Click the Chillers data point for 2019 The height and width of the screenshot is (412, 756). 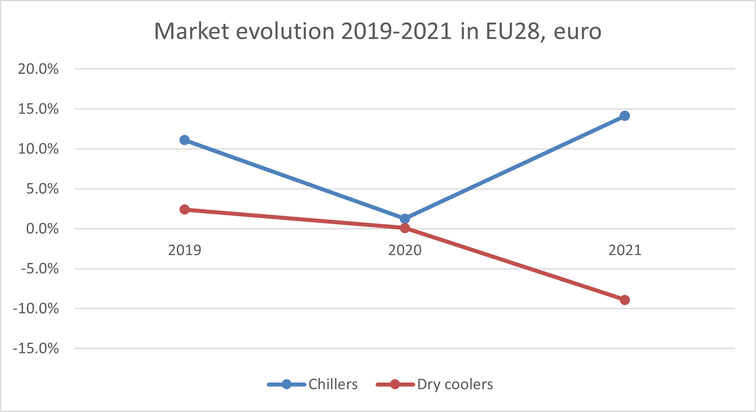[184, 140]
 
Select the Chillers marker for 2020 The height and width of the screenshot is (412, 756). [405, 219]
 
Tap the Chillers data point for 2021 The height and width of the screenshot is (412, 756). [625, 116]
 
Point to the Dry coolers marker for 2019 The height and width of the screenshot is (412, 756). [184, 210]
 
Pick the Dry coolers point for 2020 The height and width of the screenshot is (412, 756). [405, 228]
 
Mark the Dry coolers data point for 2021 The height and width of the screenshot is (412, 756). [625, 300]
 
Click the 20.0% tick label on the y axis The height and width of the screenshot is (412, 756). [38, 69]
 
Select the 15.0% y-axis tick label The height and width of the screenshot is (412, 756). [38, 109]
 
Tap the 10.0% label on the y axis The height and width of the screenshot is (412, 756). [38, 149]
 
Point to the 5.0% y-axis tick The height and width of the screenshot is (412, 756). [42, 189]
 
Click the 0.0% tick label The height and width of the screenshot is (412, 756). [42, 229]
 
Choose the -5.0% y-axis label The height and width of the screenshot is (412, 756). [40, 269]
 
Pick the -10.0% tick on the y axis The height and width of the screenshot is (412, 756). [36, 309]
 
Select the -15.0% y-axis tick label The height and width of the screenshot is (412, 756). [36, 349]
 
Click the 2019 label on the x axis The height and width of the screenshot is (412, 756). [184, 250]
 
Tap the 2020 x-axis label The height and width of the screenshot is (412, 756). [405, 250]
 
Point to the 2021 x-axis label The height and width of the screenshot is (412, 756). [625, 250]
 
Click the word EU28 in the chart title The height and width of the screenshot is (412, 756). [513, 31]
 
